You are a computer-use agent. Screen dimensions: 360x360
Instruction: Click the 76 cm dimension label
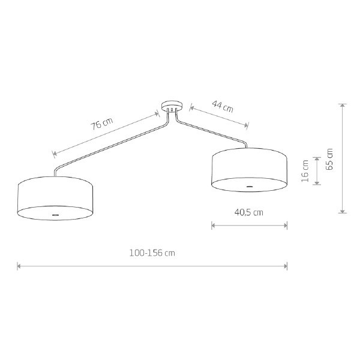[x=102, y=124]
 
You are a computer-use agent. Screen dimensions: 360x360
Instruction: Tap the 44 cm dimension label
[x=223, y=106]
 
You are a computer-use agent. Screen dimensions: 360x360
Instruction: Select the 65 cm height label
[x=329, y=159]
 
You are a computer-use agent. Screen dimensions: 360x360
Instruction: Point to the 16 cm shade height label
[x=305, y=171]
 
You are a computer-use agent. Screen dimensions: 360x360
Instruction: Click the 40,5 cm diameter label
[x=248, y=212]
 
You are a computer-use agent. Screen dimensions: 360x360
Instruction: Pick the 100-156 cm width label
[x=152, y=253]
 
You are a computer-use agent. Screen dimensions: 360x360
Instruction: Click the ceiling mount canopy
[x=172, y=106]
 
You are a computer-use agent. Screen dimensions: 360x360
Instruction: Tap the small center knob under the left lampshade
[x=55, y=215]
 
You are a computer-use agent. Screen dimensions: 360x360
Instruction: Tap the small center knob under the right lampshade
[x=249, y=187]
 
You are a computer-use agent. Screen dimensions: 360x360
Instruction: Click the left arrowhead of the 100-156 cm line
[x=19, y=266]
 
